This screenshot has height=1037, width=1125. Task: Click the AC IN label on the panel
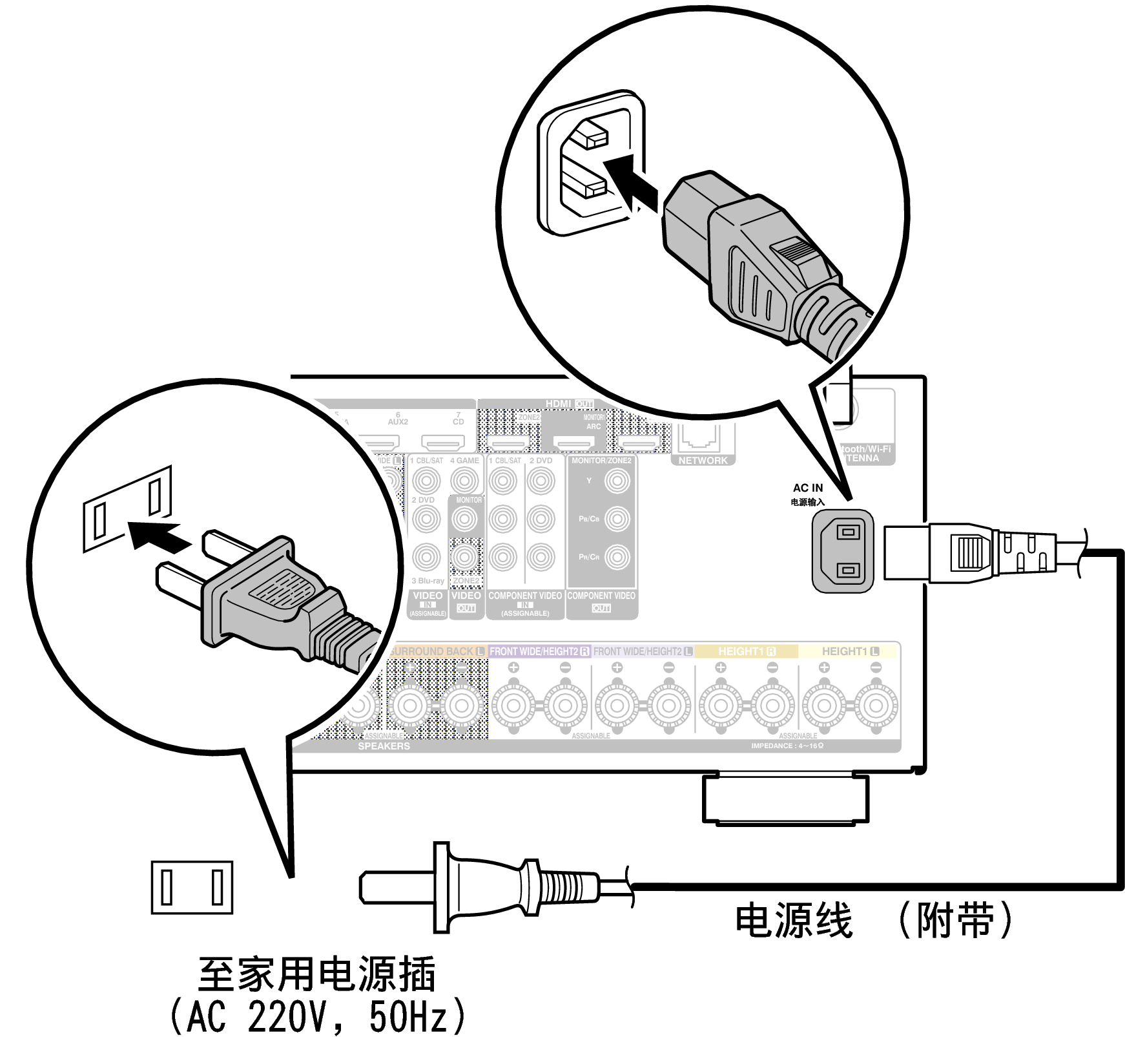click(x=808, y=488)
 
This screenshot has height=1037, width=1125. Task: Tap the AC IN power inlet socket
click(x=843, y=551)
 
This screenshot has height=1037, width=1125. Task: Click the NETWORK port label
click(x=703, y=461)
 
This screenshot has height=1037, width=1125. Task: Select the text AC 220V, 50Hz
click(x=316, y=1016)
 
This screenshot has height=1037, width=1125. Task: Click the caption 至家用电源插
click(x=316, y=974)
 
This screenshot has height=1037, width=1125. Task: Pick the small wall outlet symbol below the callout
click(x=192, y=887)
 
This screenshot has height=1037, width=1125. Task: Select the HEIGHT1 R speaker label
click(x=747, y=651)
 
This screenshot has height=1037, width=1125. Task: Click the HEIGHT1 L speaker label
click(x=850, y=651)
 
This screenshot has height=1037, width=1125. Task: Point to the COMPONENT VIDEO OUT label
click(x=601, y=601)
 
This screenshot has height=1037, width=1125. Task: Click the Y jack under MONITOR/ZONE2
click(x=617, y=481)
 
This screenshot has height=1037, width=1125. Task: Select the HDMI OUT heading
click(x=569, y=404)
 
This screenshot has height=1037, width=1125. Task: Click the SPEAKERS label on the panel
click(x=384, y=746)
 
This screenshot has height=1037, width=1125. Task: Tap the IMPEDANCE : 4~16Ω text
click(x=787, y=746)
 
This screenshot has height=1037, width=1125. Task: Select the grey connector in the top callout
click(x=756, y=258)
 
